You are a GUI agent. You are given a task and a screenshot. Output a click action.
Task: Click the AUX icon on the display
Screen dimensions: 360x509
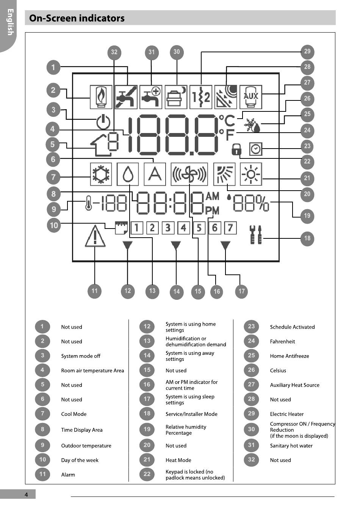[251, 97]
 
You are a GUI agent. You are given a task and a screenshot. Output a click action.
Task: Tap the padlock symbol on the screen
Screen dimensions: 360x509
[236, 149]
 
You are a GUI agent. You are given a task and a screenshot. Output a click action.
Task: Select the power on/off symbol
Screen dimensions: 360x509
[103, 122]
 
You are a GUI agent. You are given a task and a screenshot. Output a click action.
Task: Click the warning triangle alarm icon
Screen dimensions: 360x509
[95, 236]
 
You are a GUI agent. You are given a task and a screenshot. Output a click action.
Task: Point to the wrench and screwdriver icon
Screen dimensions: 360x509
[256, 235]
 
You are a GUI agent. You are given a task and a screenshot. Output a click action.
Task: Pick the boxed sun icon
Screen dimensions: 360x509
[251, 174]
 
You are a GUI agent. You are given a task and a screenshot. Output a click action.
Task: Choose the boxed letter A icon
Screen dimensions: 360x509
[155, 174]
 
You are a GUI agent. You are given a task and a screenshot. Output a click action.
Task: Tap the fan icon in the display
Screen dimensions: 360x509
[189, 174]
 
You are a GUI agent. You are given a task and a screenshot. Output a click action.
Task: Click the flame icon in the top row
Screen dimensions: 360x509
[101, 97]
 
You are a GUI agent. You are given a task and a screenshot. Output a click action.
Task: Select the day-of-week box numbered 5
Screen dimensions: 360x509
[199, 228]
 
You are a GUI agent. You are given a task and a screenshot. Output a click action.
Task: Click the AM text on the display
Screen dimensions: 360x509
[213, 196]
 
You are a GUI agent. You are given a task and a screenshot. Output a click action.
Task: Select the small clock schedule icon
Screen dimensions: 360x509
[256, 149]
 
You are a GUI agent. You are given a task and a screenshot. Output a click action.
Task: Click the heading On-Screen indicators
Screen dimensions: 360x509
[77, 18]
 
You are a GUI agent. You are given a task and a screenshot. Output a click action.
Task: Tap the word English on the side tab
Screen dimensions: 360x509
[10, 22]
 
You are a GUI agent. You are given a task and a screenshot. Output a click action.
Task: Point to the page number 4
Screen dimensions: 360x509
[27, 495]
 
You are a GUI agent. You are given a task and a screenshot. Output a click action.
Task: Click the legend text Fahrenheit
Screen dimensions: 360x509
[282, 341]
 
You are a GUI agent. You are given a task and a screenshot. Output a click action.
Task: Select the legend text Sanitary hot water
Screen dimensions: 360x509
[291, 446]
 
